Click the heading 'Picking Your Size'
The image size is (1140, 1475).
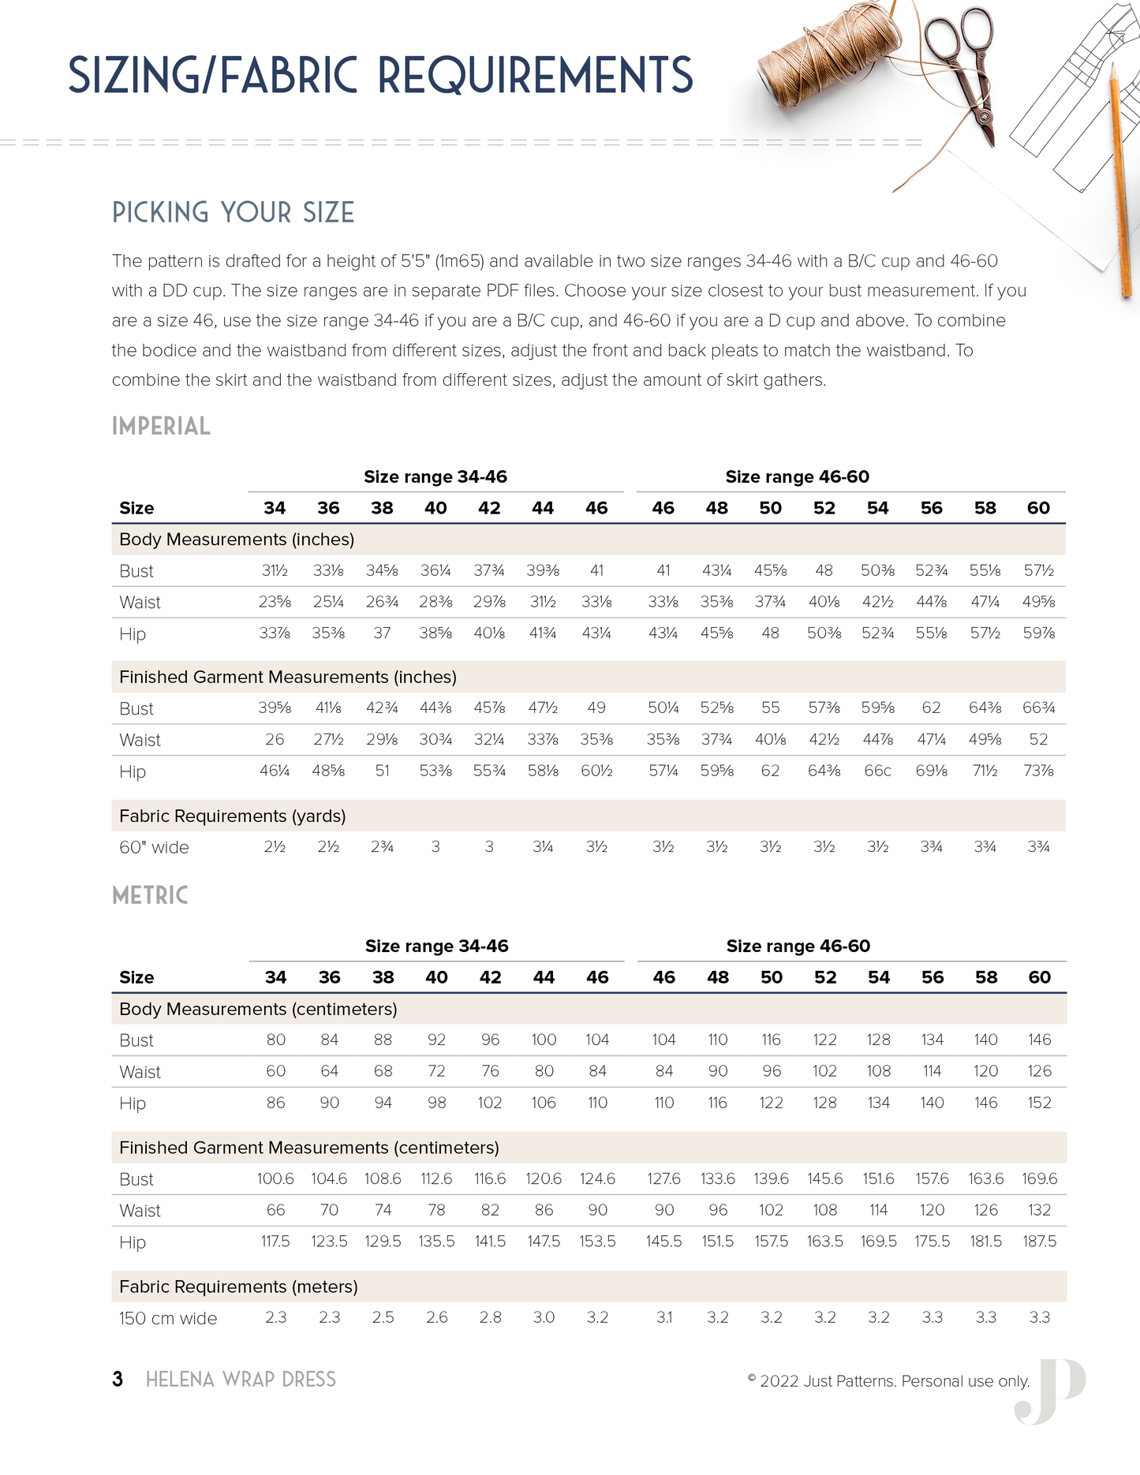233,213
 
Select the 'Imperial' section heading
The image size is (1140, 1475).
161,427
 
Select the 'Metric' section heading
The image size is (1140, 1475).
150,896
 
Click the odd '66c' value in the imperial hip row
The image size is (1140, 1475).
877,771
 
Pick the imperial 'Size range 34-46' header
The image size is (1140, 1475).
435,477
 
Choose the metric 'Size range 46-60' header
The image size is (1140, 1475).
798,947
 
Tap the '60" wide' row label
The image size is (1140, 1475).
154,848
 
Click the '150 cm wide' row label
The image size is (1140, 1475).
167,1319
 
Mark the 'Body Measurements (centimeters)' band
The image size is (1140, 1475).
258,1010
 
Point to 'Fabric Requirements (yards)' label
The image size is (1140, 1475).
232,816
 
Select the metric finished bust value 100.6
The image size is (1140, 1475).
275,1179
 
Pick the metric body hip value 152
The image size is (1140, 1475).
1039,1103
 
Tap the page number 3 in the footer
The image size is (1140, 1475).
118,1380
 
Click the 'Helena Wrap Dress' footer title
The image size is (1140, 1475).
241,1380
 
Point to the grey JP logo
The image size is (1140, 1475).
1051,1391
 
